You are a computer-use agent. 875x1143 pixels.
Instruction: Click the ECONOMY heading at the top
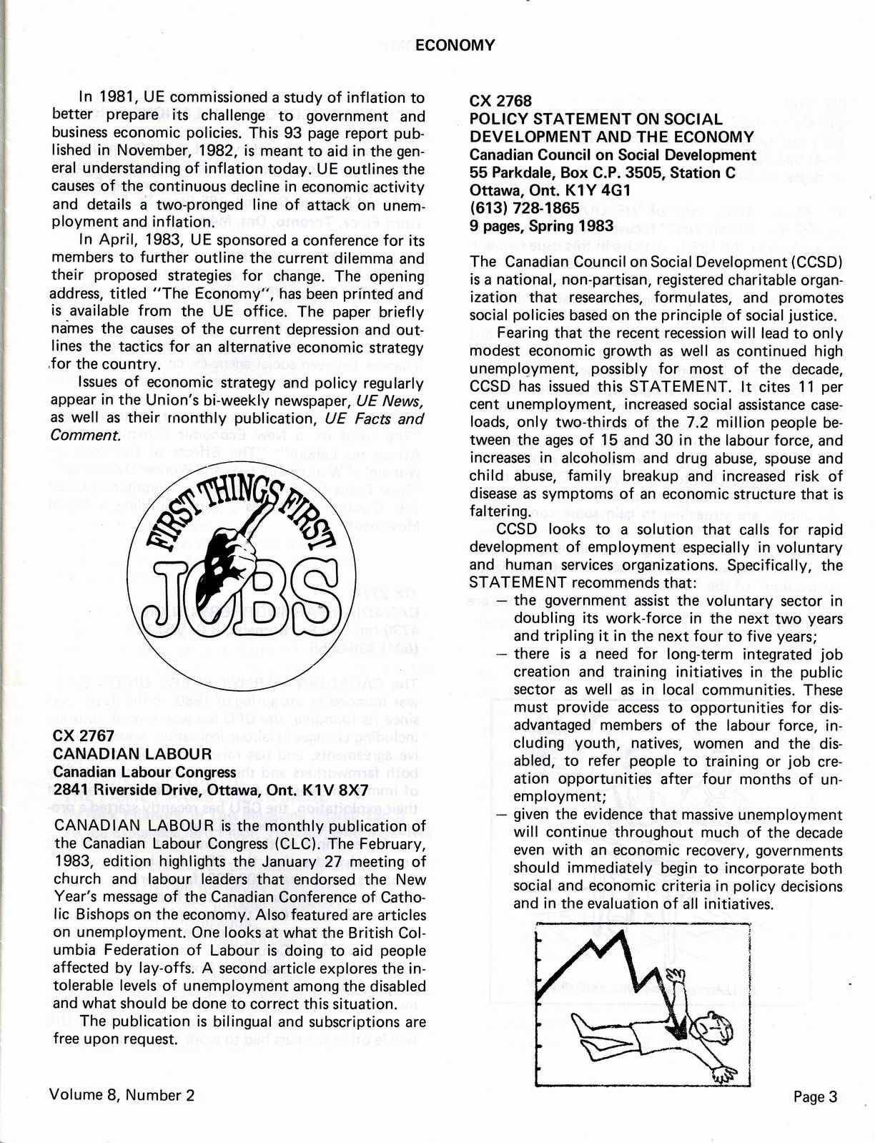pos(455,46)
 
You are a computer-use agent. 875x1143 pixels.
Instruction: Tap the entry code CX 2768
pos(500,101)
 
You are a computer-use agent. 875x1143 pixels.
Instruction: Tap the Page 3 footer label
pos(814,1097)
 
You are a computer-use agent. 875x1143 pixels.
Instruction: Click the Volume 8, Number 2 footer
pos(122,1095)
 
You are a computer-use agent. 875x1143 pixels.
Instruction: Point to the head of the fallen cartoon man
pos(709,1029)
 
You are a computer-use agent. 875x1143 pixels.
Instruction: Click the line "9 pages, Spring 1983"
pos(541,226)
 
